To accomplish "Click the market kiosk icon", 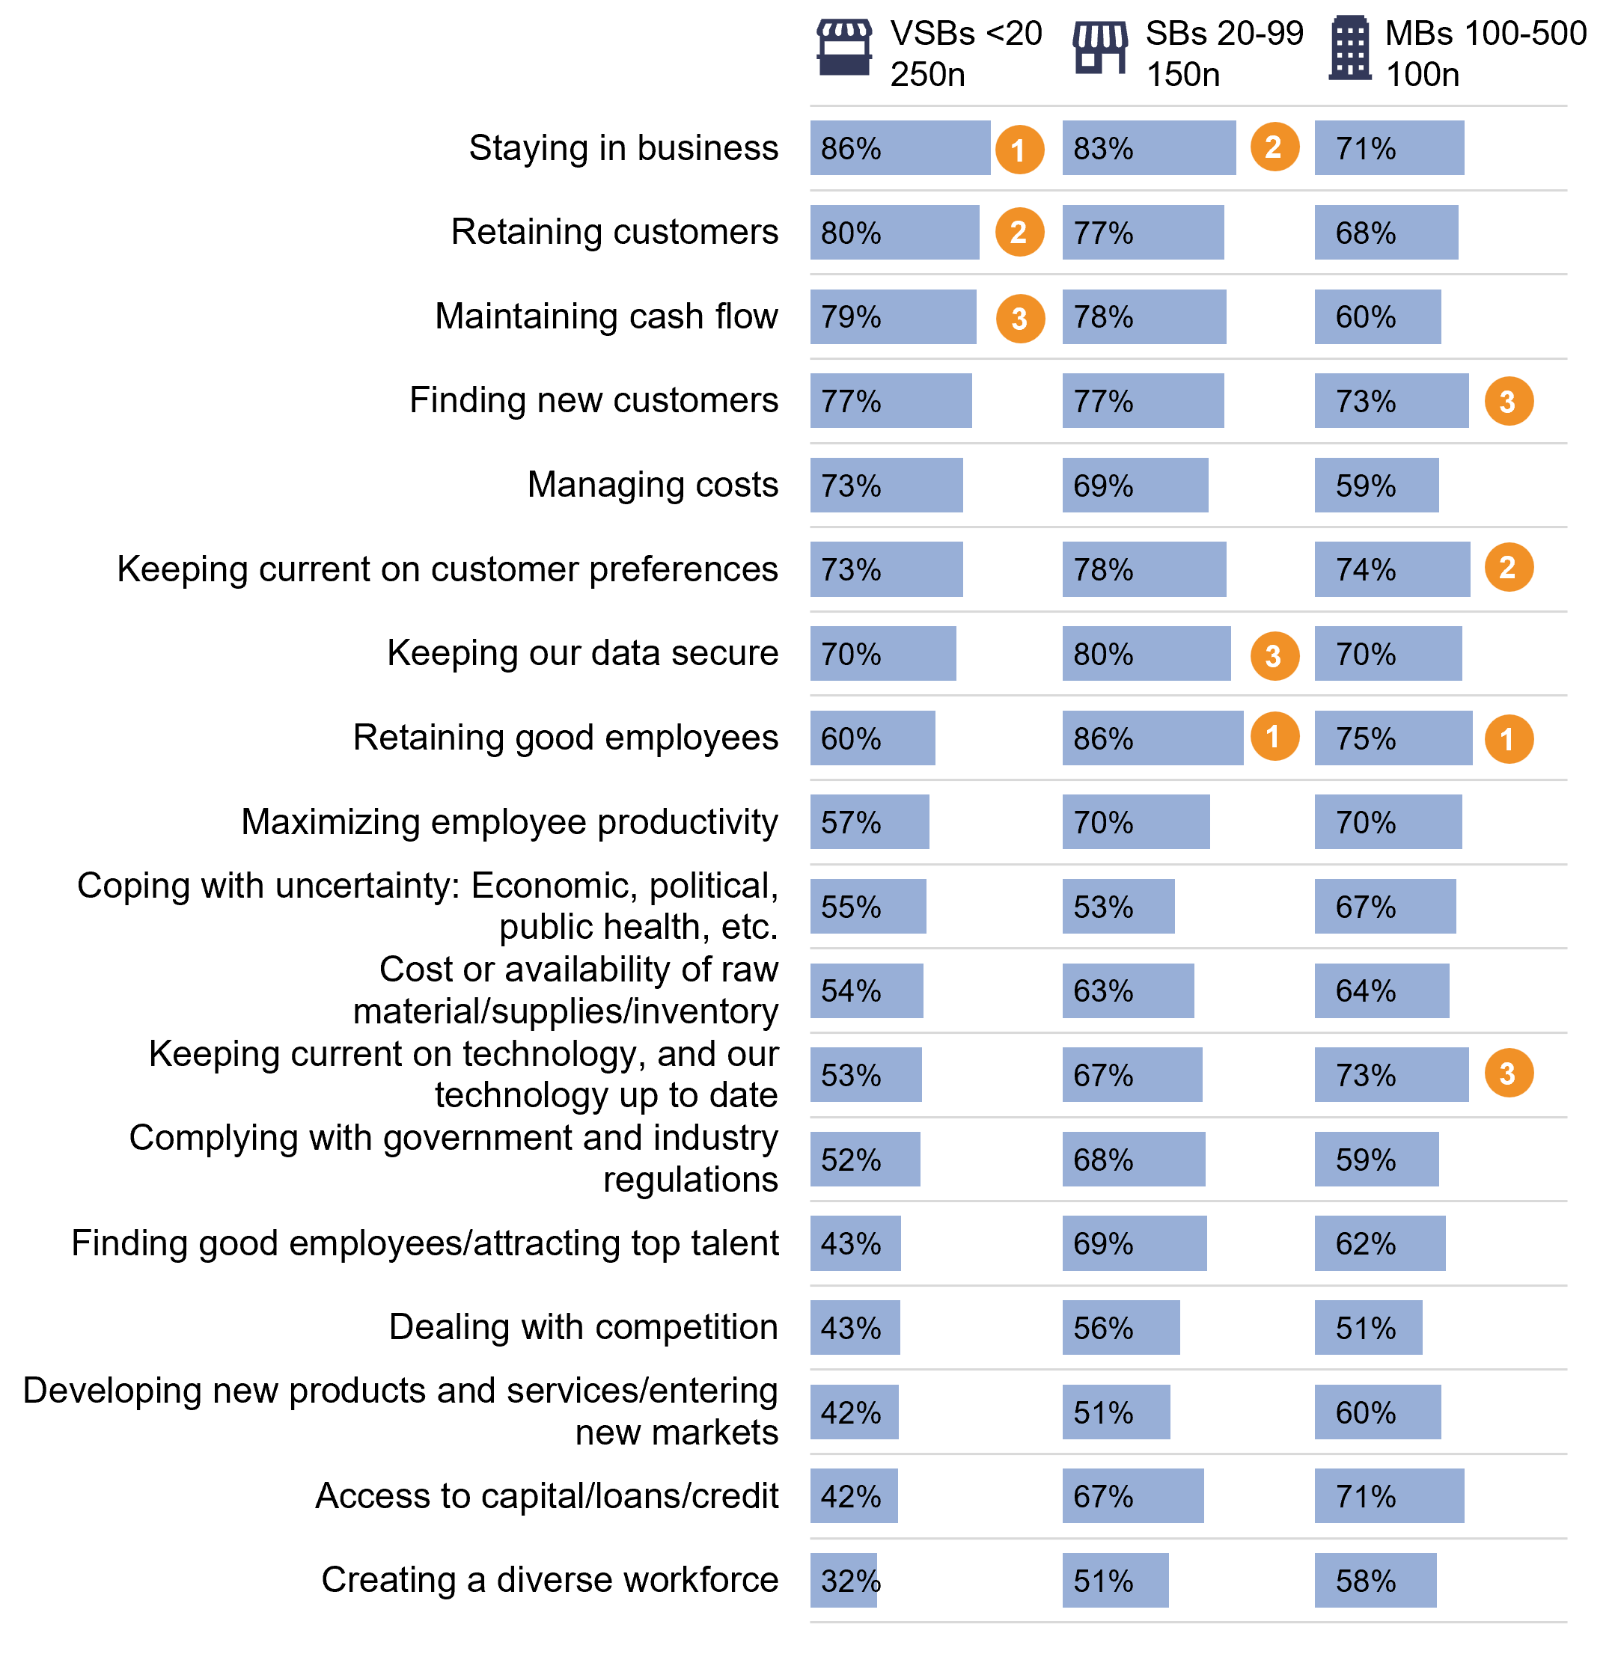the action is (x=844, y=48).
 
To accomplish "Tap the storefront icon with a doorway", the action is (x=1099, y=49).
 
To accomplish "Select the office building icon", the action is (x=1349, y=48).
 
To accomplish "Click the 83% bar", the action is (x=1148, y=148).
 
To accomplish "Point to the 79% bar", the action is (x=892, y=317).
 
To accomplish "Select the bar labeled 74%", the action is (x=1391, y=569).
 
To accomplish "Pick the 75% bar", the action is (x=1393, y=738).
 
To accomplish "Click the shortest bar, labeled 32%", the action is (x=843, y=1580).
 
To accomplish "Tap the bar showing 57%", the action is (x=870, y=821).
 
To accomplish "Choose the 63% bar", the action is (x=1128, y=990).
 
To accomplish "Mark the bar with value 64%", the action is (x=1381, y=990).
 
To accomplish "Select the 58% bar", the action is (x=1375, y=1580).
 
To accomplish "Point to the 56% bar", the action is (x=1120, y=1327).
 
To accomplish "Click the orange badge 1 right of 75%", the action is (x=1509, y=739).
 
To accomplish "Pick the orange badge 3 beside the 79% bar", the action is (x=1020, y=319).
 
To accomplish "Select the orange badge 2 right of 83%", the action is (x=1274, y=147).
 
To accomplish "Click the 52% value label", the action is (x=851, y=1160).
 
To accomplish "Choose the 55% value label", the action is (x=851, y=907).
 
